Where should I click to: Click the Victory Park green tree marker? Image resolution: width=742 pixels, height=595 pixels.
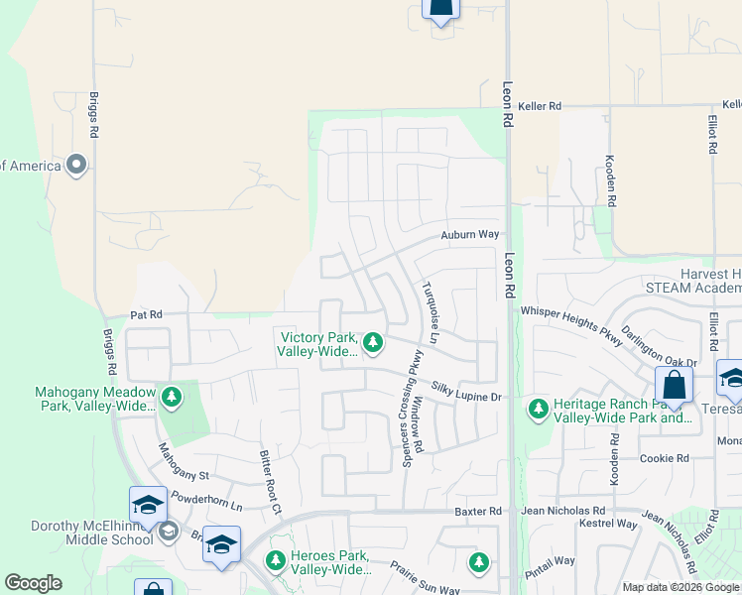373,343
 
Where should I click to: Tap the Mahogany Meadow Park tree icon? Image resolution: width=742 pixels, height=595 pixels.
172,398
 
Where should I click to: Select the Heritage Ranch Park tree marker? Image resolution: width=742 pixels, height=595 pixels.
538,408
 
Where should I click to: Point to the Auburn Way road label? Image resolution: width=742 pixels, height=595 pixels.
469,235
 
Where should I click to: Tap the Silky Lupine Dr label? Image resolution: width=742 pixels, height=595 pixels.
468,396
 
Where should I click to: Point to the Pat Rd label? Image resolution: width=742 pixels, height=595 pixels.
146,315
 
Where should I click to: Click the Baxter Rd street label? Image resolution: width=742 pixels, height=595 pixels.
477,511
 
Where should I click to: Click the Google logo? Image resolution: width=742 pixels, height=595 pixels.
33,583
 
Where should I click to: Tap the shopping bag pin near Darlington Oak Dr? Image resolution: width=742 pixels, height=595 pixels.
674,386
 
